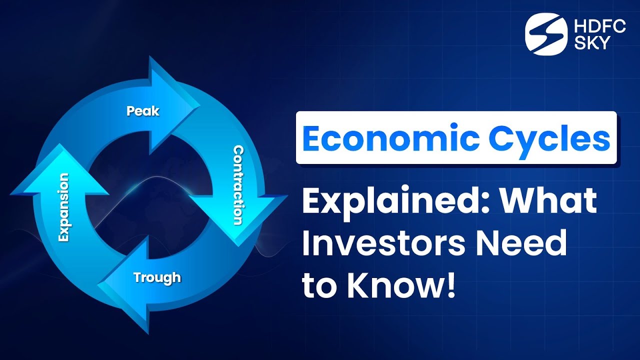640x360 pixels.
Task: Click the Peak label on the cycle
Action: (143, 110)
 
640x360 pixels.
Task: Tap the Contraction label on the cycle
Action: (239, 185)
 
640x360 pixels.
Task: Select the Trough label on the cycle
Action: (157, 276)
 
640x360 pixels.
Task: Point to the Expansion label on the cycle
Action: (63, 207)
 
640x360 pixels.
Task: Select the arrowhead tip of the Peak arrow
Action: (199, 105)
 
